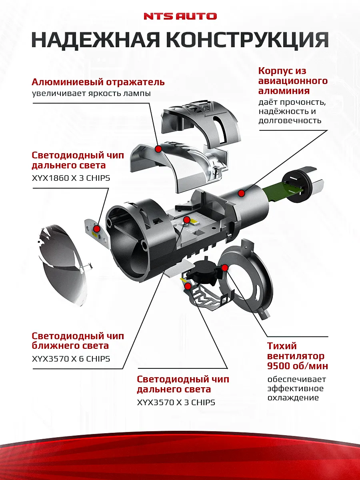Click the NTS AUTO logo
click(x=180, y=16)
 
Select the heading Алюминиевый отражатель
click(x=98, y=82)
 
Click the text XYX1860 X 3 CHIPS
click(x=71, y=178)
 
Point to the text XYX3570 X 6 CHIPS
click(x=71, y=359)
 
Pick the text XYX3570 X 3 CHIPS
click(x=176, y=402)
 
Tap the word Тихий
click(x=282, y=346)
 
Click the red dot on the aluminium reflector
click(x=158, y=149)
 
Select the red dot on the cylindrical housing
click(x=241, y=194)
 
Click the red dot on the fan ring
click(x=225, y=267)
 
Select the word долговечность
click(x=290, y=120)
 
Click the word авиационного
click(x=293, y=81)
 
